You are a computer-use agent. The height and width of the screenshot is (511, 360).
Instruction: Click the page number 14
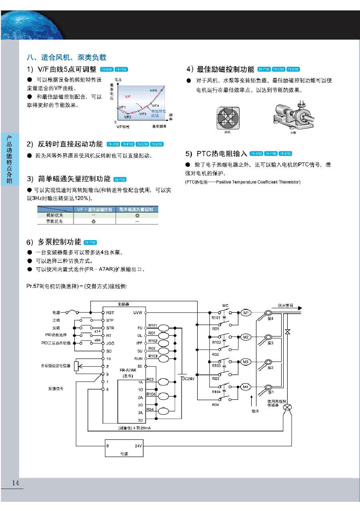click(x=16, y=483)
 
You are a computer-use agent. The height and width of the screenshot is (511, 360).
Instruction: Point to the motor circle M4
click(x=246, y=387)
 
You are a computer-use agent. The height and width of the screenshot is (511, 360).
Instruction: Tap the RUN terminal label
click(x=138, y=359)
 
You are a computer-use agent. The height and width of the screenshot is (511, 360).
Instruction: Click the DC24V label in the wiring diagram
click(x=188, y=379)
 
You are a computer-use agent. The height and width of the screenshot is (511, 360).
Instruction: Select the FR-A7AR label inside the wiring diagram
click(x=128, y=371)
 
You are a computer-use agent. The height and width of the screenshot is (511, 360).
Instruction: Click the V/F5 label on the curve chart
click(x=154, y=91)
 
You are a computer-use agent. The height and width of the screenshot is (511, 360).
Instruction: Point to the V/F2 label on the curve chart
click(x=127, y=117)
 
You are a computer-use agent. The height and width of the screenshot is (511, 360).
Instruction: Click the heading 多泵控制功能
click(x=59, y=242)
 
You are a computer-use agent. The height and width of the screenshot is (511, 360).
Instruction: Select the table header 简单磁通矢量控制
click(x=136, y=209)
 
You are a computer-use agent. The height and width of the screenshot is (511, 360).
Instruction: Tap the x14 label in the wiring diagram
click(x=97, y=331)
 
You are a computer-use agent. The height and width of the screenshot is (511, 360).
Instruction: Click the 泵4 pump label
click(x=270, y=319)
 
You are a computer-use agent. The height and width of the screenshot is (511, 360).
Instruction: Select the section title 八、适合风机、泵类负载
click(x=66, y=57)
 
